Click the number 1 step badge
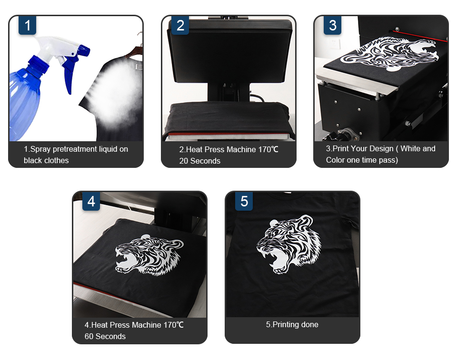click(x=28, y=25)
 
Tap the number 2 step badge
click(x=180, y=25)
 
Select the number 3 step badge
click(x=333, y=25)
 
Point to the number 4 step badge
click(x=91, y=201)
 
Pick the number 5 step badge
click(x=244, y=201)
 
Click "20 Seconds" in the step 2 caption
click(x=199, y=161)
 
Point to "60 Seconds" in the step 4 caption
click(x=105, y=336)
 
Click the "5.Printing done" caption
click(x=292, y=324)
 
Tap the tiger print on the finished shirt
click(x=289, y=244)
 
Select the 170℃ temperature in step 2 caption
click(x=268, y=149)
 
